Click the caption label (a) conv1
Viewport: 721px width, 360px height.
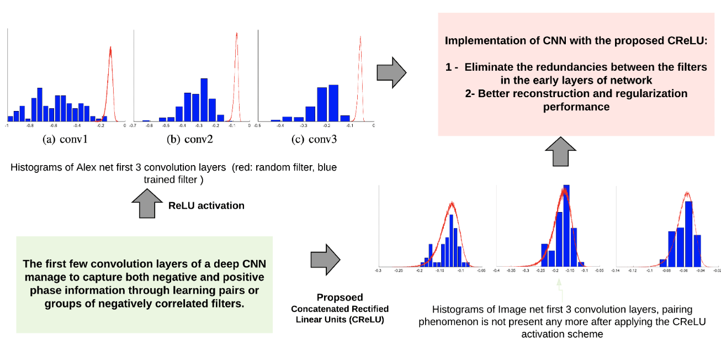[x=66, y=140]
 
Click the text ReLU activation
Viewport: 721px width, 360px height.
[x=206, y=205]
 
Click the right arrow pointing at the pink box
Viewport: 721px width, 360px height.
[x=391, y=72]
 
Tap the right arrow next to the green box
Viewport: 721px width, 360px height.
[x=326, y=260]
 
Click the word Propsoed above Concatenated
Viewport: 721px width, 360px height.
[x=340, y=297]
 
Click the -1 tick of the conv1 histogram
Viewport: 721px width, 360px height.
[x=7, y=126]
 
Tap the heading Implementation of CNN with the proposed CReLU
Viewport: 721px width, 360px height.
[x=576, y=41]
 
